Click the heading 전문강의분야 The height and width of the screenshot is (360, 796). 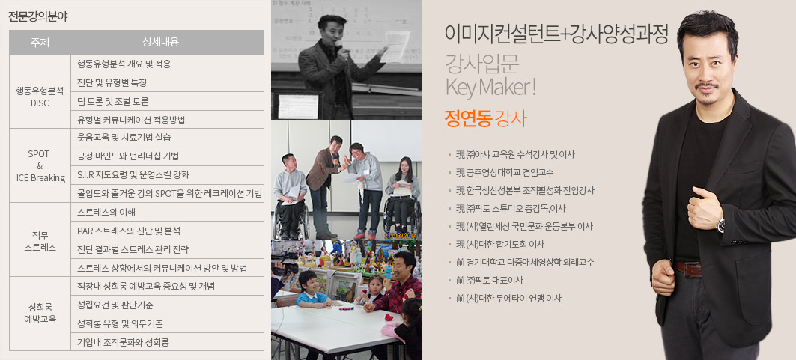click(38, 16)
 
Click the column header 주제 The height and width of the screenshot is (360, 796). click(40, 42)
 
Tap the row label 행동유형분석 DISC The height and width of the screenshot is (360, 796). click(40, 97)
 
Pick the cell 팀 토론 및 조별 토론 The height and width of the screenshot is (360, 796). click(113, 101)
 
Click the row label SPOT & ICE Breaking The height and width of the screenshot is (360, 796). click(40, 166)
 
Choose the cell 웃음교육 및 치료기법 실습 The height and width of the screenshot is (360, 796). click(124, 138)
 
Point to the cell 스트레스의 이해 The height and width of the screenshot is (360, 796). click(106, 212)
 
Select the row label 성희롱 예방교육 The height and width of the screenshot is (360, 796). click(40, 314)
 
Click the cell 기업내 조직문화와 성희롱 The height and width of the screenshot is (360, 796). click(123, 342)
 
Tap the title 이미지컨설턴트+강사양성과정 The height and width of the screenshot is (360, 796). click(556, 34)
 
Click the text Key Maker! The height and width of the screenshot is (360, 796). click(490, 87)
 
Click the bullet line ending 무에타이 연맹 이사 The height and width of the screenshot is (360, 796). click(505, 298)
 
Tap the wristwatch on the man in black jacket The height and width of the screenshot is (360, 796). click(720, 224)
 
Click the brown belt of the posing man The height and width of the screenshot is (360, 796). click(688, 269)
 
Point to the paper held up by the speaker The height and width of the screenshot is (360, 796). click(397, 46)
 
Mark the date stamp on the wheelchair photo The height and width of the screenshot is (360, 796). click(403, 236)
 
